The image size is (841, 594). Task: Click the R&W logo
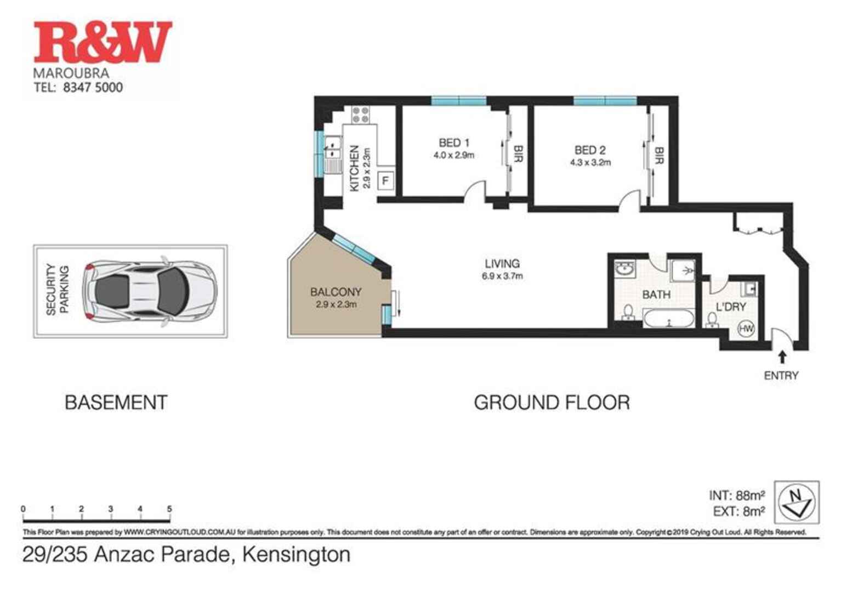(x=103, y=42)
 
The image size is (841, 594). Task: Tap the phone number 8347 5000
(x=93, y=87)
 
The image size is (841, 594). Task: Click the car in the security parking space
(x=149, y=291)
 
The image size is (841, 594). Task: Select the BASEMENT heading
(x=116, y=403)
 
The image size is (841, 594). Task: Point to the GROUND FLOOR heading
(x=552, y=403)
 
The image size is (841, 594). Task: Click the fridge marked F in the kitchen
(x=385, y=180)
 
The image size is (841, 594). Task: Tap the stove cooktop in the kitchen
(x=361, y=115)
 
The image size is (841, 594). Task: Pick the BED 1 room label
(x=454, y=143)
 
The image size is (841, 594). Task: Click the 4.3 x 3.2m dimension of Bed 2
(x=590, y=162)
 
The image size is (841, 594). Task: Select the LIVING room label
(x=502, y=263)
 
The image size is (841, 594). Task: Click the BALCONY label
(x=336, y=292)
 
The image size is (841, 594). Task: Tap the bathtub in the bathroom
(x=668, y=318)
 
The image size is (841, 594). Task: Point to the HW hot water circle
(x=746, y=329)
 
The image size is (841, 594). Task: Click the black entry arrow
(x=782, y=357)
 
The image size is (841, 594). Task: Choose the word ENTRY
(x=781, y=376)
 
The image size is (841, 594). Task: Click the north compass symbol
(x=797, y=502)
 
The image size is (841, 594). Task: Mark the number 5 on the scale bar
(x=169, y=509)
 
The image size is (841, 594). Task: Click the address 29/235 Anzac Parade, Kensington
(x=186, y=555)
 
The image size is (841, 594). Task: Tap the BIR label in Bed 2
(x=660, y=155)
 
